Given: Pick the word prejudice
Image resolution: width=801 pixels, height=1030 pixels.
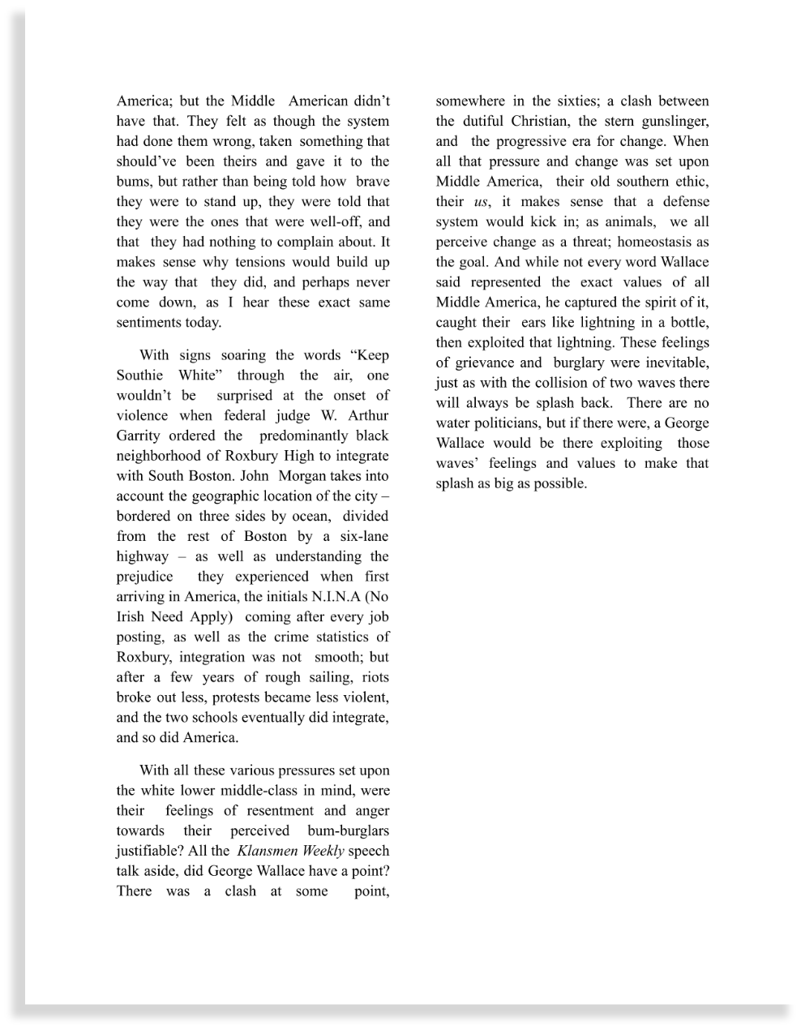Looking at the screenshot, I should [144, 577].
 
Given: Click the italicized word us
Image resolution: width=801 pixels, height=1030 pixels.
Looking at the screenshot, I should [482, 202].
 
